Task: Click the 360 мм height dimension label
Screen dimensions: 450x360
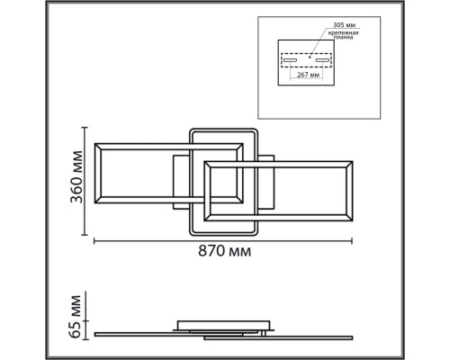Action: click(76, 177)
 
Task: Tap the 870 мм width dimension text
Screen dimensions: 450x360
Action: click(224, 251)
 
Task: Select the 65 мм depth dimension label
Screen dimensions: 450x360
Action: click(75, 317)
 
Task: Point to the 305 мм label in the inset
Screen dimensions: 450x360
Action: click(344, 25)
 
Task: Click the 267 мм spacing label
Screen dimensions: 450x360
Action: click(308, 75)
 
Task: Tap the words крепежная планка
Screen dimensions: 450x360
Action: click(343, 35)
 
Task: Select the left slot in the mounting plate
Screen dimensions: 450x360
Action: click(290, 60)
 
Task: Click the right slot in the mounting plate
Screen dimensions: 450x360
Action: click(322, 60)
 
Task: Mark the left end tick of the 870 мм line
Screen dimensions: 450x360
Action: click(94, 241)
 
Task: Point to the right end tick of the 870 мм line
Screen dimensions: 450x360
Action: click(352, 241)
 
